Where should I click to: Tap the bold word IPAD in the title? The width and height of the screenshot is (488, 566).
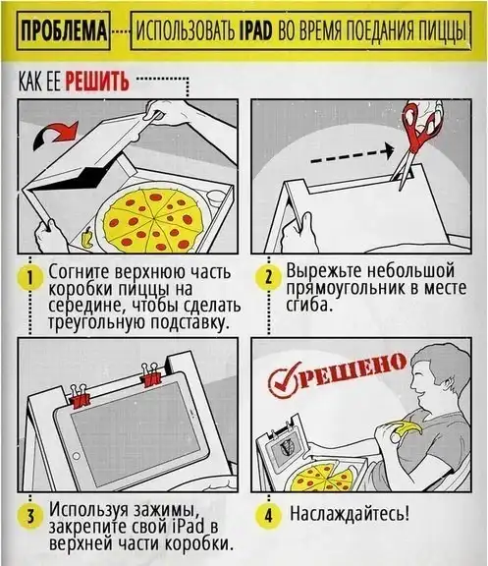(255, 31)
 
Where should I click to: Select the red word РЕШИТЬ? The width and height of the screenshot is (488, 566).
(97, 81)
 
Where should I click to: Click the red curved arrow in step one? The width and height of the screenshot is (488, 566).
(56, 136)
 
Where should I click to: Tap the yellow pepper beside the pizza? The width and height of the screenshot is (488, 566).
(87, 238)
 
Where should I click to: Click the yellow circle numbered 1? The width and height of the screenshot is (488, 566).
(30, 279)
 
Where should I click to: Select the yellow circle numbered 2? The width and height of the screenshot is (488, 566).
(268, 278)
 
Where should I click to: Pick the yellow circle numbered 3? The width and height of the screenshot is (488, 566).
(30, 516)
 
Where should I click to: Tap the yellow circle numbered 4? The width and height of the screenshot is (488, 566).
(268, 515)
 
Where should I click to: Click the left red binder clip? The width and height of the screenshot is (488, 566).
(81, 397)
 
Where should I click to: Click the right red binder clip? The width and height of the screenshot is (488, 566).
(151, 375)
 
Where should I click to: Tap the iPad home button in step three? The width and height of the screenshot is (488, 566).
(77, 456)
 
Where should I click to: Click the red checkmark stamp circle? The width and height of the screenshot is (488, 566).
(285, 380)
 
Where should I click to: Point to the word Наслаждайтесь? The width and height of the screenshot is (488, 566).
(350, 514)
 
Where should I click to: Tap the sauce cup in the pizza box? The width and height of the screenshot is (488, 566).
(215, 198)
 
